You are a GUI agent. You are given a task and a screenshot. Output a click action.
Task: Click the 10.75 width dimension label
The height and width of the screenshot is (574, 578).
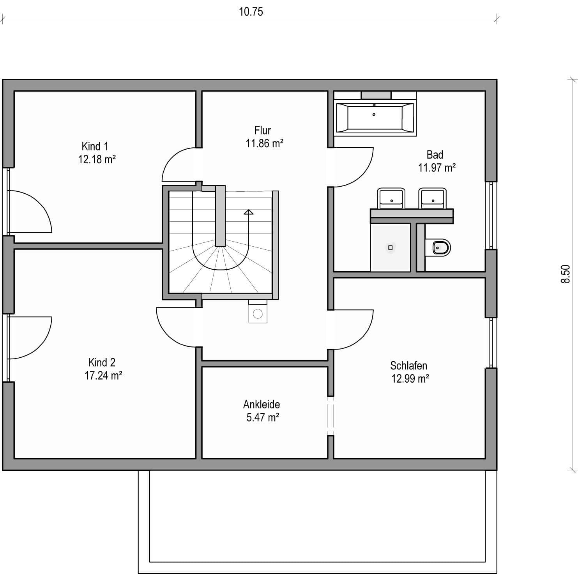pyautogui.click(x=251, y=12)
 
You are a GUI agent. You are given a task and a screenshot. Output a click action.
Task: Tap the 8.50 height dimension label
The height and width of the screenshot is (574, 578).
pyautogui.click(x=566, y=274)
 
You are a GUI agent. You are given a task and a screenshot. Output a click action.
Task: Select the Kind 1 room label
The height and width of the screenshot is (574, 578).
pyautogui.click(x=95, y=146)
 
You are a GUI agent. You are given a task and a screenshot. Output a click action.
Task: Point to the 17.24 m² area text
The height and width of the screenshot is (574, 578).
pyautogui.click(x=103, y=375)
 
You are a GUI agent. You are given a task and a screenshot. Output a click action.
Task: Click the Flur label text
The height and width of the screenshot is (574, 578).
pyautogui.click(x=262, y=130)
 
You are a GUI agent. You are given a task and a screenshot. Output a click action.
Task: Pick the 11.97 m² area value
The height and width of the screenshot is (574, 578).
pyautogui.click(x=437, y=168)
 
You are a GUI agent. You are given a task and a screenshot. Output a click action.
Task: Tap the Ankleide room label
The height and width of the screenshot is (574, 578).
pyautogui.click(x=262, y=404)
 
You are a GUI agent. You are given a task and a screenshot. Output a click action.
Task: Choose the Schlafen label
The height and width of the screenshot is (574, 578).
pyautogui.click(x=408, y=366)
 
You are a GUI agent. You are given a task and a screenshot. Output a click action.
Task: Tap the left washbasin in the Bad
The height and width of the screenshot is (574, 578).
pyautogui.click(x=391, y=198)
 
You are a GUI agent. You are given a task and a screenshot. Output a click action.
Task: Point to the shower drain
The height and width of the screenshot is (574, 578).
pyautogui.click(x=390, y=247)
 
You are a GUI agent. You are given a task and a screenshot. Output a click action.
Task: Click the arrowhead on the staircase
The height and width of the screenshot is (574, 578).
pyautogui.click(x=248, y=212)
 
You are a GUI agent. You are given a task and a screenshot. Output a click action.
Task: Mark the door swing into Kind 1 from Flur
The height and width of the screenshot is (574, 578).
pyautogui.click(x=179, y=164)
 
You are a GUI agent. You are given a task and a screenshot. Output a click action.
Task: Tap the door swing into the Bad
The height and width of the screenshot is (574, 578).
pyautogui.click(x=353, y=167)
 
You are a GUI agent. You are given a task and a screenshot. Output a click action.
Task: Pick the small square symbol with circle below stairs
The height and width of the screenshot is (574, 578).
pyautogui.click(x=258, y=311)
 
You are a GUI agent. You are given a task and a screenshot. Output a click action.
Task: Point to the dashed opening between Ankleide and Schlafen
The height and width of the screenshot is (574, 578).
pyautogui.click(x=331, y=415)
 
